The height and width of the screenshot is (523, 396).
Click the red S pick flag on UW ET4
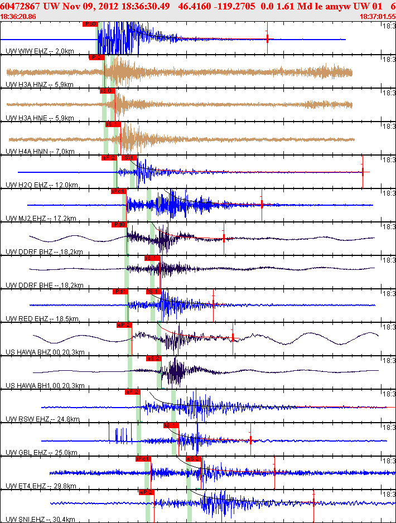point(194,459)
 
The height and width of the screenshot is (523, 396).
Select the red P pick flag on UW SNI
point(146,492)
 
